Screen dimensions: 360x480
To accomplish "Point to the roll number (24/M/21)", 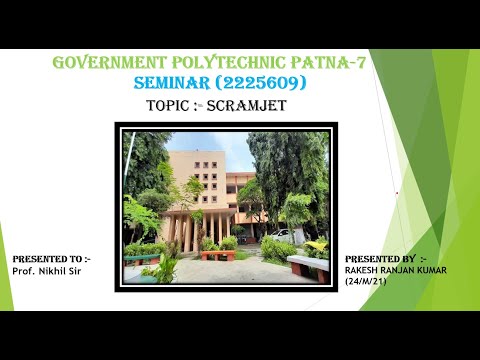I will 365,281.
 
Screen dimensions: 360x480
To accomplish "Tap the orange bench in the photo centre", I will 217,254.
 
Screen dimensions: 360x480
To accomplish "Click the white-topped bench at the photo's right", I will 308,265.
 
